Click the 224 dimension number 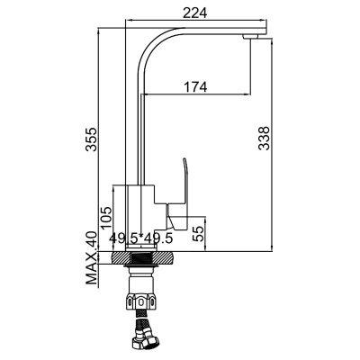(195, 13)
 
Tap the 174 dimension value (195, 87)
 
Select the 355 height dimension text (91, 139)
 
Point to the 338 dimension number (264, 138)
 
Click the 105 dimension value (106, 218)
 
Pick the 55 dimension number (198, 234)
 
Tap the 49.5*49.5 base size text (141, 238)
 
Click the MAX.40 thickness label (92, 258)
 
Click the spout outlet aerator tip (250, 37)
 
